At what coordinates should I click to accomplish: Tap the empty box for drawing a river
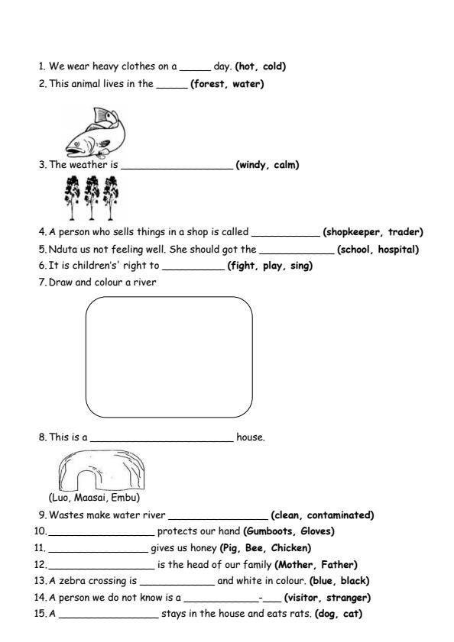(169, 355)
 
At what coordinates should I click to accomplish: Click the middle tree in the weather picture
(92, 196)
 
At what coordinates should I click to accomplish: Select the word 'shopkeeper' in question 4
(351, 232)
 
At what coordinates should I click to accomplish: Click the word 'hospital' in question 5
(395, 250)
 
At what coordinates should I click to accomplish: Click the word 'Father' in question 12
(336, 565)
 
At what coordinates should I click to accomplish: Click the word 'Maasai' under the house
(95, 498)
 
